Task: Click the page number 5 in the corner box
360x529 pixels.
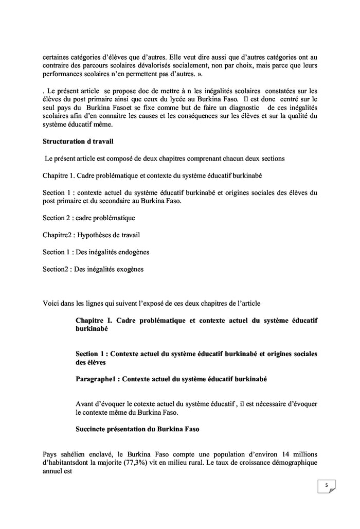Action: [x=326, y=485]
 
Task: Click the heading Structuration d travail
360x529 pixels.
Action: [x=78, y=140]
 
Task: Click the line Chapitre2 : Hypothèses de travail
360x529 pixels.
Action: [x=91, y=235]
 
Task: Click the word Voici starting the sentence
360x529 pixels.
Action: [x=51, y=302]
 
